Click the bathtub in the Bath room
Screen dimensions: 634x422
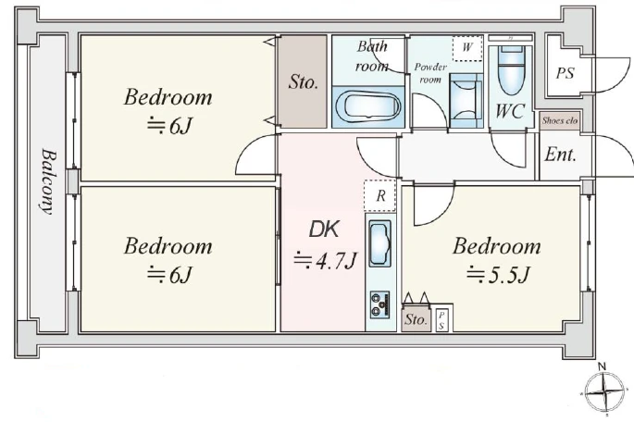click(x=368, y=106)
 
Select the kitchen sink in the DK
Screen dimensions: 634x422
click(x=380, y=243)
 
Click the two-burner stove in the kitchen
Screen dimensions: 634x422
click(x=380, y=304)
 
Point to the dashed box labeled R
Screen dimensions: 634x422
click(x=379, y=195)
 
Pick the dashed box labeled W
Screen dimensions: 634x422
click(x=467, y=48)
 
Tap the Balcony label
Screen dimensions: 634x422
click(x=48, y=182)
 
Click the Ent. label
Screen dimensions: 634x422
click(x=560, y=155)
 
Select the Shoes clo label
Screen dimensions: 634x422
click(x=560, y=120)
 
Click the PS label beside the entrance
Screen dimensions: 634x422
click(x=565, y=73)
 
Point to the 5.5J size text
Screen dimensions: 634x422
click(x=498, y=275)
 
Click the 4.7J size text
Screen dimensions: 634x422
click(x=326, y=261)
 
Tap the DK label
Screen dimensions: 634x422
click(x=324, y=230)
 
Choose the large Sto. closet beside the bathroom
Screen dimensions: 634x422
click(x=304, y=81)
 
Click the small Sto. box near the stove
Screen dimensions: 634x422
click(x=416, y=319)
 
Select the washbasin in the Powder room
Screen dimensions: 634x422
click(x=466, y=100)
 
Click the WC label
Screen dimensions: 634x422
click(x=510, y=111)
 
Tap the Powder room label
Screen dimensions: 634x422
click(x=430, y=73)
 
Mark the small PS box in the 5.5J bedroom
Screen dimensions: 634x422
click(x=441, y=320)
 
